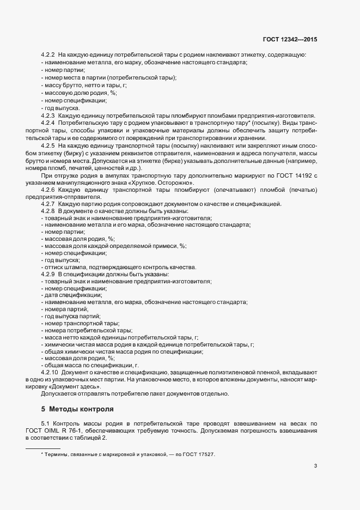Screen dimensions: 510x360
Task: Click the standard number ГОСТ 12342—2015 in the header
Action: [x=290, y=40]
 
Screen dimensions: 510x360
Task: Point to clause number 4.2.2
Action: [x=48, y=55]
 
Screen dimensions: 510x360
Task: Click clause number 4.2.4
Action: [x=48, y=123]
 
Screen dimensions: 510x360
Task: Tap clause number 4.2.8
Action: [x=48, y=226]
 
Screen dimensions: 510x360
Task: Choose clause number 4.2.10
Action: [x=50, y=371]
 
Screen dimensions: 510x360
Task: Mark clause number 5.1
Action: [x=46, y=423]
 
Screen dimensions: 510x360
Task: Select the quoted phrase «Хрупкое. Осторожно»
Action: [x=157, y=197]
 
